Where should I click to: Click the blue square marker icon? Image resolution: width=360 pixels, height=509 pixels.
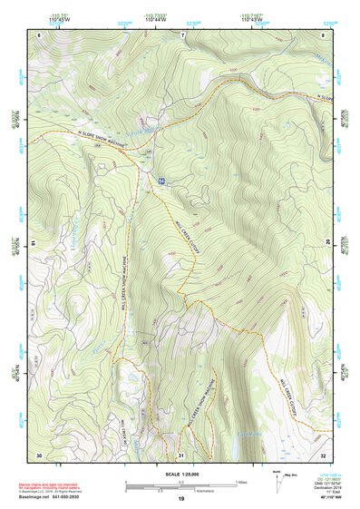coord(161,181)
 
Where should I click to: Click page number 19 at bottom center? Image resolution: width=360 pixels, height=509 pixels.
coord(180,499)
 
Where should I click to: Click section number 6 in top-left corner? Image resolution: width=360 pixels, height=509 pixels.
coord(40,34)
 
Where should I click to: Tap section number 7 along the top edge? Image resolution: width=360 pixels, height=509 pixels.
coord(182,34)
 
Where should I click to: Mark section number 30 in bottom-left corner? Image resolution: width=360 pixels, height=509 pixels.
coord(39,454)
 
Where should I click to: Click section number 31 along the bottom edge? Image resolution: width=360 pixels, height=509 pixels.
coord(181,454)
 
